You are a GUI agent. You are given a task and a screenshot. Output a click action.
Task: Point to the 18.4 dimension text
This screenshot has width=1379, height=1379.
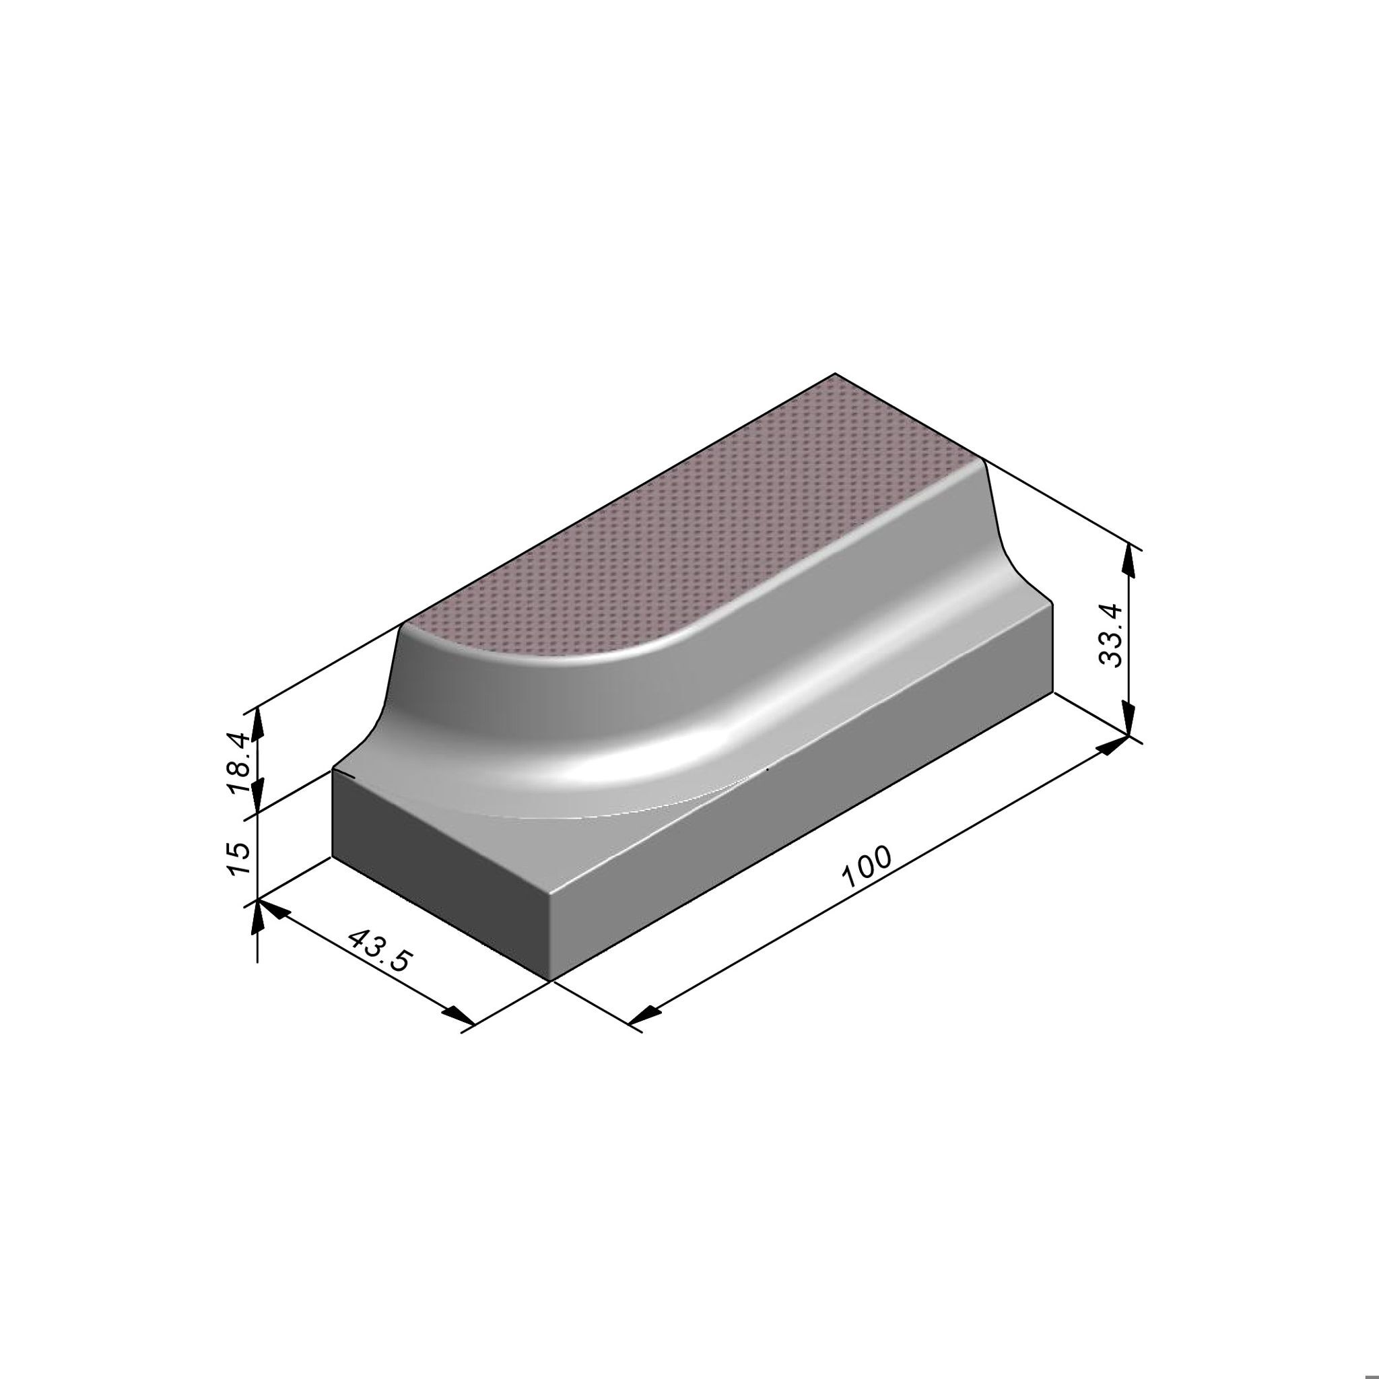point(238,763)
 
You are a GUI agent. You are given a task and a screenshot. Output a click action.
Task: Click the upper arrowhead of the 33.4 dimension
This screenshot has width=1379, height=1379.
point(1129,563)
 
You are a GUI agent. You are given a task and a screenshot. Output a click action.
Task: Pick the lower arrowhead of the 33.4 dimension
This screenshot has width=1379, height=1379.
point(1129,716)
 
